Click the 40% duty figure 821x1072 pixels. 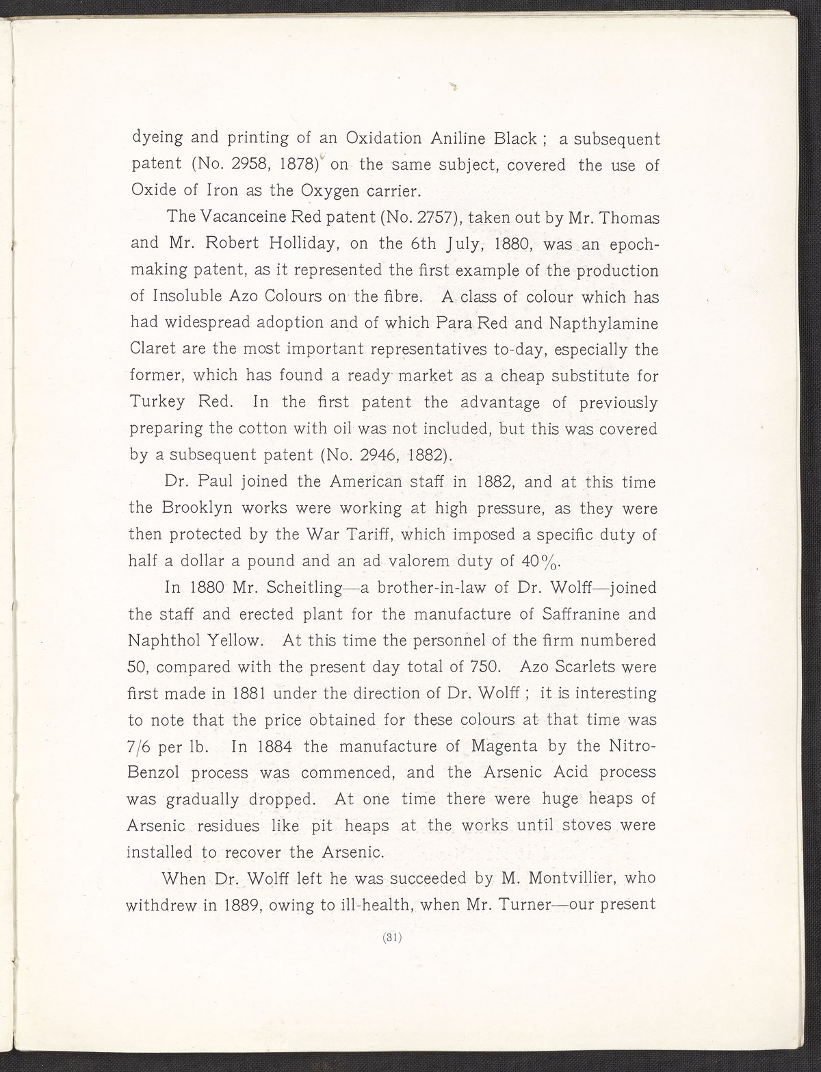[x=541, y=561]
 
